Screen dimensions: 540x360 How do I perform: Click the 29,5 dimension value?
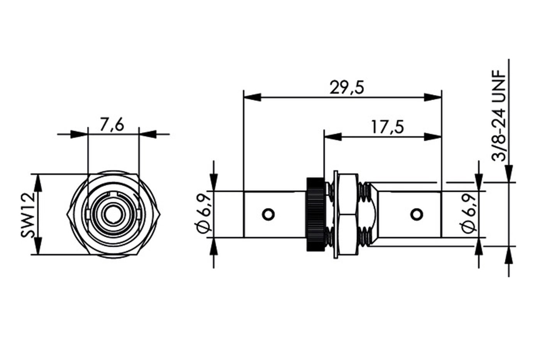point(347,88)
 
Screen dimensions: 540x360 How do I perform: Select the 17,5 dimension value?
point(387,127)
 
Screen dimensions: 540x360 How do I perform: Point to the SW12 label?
point(28,215)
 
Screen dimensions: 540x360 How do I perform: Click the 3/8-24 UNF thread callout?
point(498,115)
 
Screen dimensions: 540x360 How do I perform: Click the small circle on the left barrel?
point(268,214)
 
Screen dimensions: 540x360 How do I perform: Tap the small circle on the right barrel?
point(417,214)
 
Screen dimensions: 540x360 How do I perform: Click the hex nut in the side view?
point(348,214)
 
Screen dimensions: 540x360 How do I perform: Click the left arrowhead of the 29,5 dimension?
point(252,97)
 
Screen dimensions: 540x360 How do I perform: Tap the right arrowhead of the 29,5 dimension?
point(433,97)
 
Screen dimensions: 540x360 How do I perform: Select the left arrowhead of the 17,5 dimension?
point(333,137)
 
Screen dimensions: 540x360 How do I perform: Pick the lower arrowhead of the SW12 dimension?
point(38,246)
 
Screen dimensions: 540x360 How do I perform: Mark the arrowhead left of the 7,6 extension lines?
point(79,134)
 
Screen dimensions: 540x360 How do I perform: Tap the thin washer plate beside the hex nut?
point(336,215)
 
